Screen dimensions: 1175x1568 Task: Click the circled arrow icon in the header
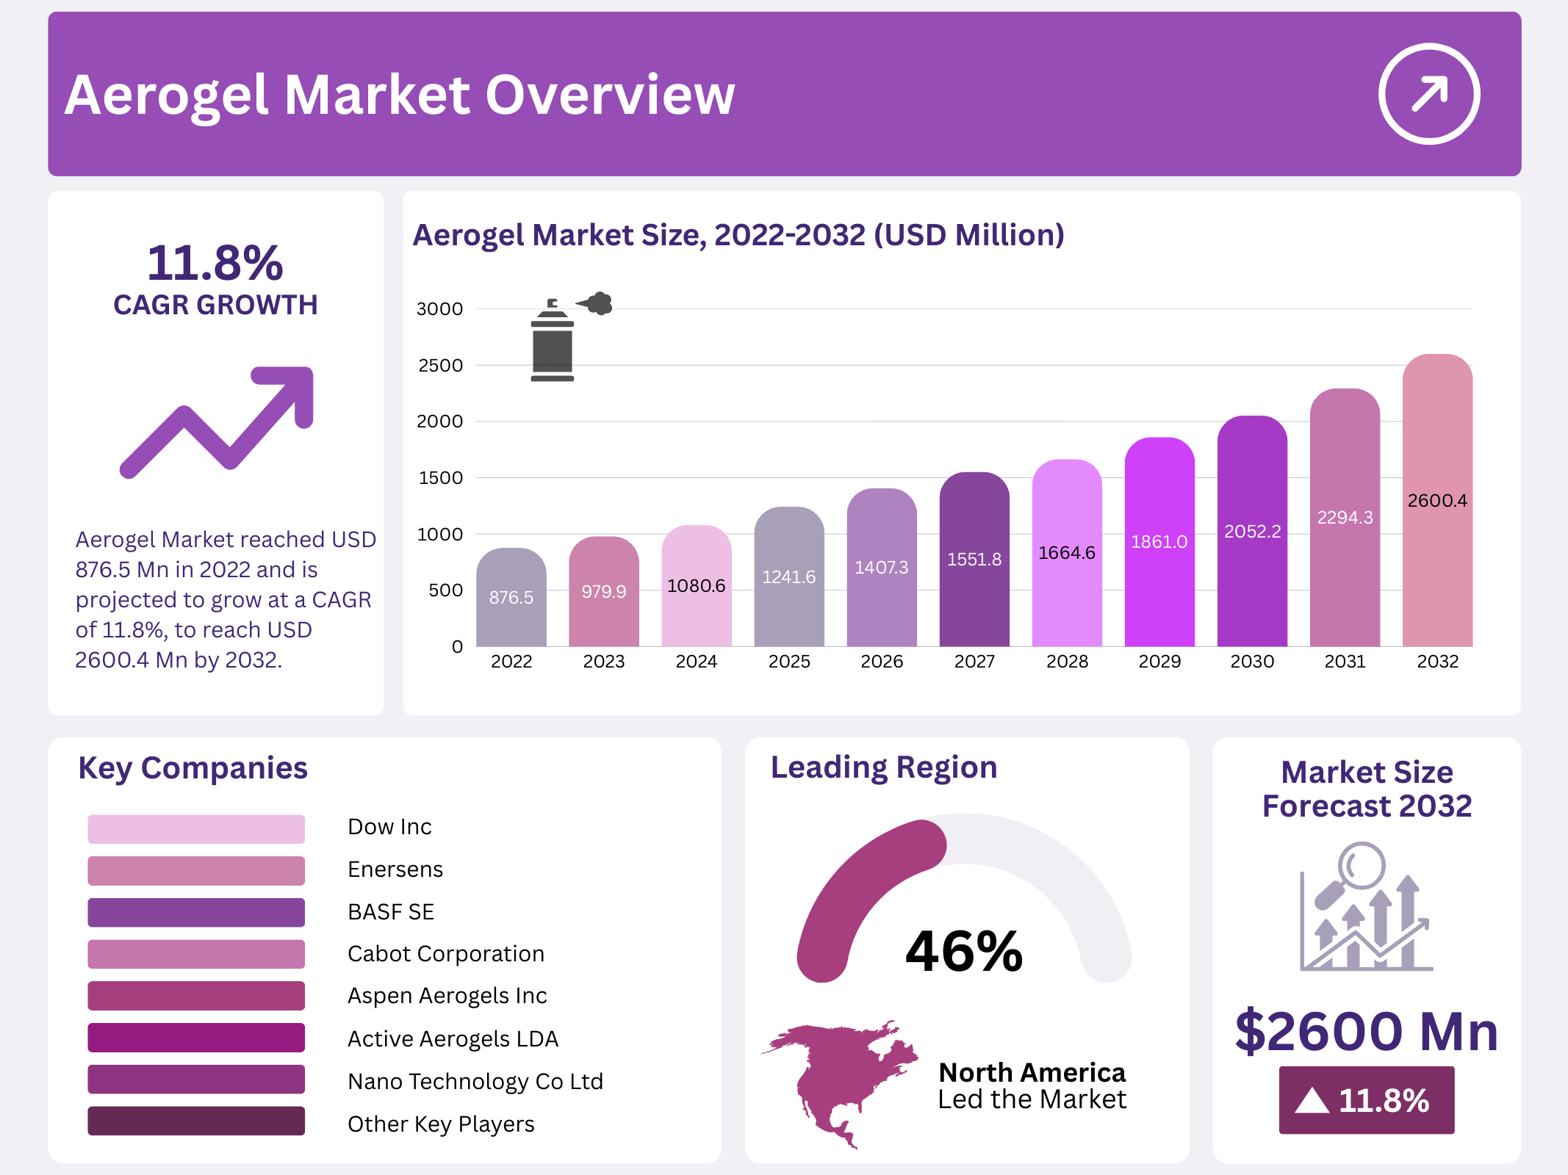pos(1428,94)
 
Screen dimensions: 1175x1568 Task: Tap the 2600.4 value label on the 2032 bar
pos(1437,501)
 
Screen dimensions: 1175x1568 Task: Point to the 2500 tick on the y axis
pos(440,366)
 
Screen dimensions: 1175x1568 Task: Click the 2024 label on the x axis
pos(696,662)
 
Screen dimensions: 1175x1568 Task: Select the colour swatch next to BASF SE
pos(195,912)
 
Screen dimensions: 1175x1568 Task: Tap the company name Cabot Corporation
pos(445,954)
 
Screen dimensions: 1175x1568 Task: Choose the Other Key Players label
pos(441,1124)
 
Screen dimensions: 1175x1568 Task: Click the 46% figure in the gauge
pos(964,951)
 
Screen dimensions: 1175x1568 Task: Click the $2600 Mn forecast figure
pos(1366,1031)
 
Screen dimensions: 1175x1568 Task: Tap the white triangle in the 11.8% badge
pos(1312,1101)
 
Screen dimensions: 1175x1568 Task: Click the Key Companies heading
pos(193,768)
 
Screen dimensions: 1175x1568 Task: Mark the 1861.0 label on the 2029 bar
pos(1159,542)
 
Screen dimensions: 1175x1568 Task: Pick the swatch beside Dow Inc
pos(195,828)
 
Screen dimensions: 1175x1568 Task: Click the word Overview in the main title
pos(610,95)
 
